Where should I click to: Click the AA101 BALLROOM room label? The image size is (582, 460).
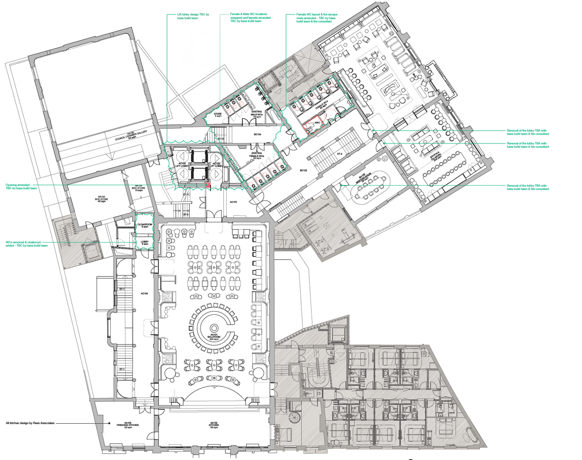(x=213, y=337)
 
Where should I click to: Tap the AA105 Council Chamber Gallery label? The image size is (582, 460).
(x=131, y=136)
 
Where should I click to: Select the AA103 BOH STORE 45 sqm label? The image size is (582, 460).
(x=101, y=199)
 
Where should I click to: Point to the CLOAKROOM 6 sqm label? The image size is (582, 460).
(x=145, y=226)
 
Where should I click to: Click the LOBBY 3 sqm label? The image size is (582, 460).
(x=145, y=243)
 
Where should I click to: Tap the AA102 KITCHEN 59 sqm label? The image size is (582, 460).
(x=214, y=425)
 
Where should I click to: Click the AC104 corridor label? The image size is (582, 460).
(x=144, y=293)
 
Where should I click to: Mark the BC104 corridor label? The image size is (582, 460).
(x=257, y=134)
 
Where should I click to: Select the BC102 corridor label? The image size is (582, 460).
(x=304, y=170)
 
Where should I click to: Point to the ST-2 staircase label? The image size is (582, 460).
(x=339, y=154)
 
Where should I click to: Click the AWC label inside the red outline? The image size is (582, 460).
(x=317, y=122)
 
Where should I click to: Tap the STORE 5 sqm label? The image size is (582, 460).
(x=218, y=115)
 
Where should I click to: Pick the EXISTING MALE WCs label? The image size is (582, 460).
(x=257, y=114)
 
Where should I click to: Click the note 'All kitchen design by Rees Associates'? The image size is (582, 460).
(x=30, y=423)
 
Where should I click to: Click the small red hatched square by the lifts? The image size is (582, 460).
(x=208, y=185)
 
